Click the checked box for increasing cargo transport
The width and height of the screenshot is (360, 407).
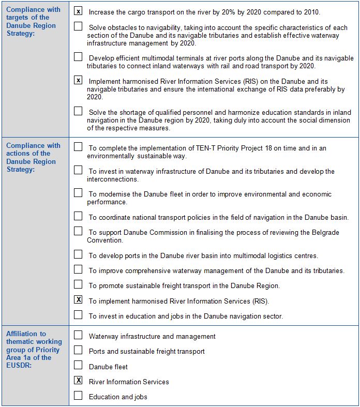point(78,11)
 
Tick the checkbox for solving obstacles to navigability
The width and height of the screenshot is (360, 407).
point(78,26)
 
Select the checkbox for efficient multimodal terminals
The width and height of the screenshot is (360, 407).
point(78,57)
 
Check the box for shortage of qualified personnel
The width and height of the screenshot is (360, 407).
point(78,111)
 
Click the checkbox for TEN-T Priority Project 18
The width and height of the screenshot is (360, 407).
point(78,147)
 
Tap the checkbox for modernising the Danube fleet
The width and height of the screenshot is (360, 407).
point(78,193)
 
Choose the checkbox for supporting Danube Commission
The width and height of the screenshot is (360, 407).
point(78,231)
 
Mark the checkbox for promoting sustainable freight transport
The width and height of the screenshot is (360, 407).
point(78,284)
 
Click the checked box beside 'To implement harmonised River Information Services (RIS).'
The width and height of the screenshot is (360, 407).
point(78,299)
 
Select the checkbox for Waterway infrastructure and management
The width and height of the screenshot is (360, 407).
point(78,335)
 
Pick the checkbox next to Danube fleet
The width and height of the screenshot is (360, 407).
point(78,366)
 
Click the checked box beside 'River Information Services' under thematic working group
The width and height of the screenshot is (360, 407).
point(78,381)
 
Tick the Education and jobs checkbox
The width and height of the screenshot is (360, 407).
point(78,396)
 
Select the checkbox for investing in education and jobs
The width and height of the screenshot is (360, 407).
point(78,314)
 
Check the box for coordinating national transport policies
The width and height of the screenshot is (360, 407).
point(78,216)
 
